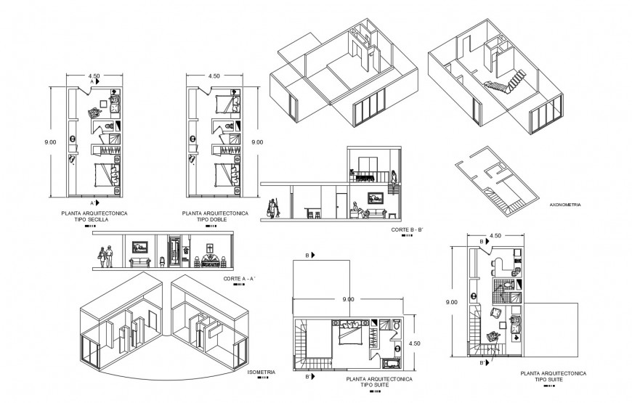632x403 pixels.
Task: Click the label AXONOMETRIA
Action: [x=567, y=205]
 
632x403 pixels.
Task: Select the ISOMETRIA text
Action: [x=261, y=373]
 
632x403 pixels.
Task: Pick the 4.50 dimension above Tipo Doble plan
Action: [x=214, y=76]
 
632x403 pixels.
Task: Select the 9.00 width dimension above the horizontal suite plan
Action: [x=348, y=299]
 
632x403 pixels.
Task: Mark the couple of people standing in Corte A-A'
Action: [x=105, y=256]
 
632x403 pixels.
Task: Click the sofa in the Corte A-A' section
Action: [x=138, y=261]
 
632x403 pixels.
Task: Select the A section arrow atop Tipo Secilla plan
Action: [x=92, y=83]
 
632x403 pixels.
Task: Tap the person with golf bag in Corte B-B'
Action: [x=272, y=208]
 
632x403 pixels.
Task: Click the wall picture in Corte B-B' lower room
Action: [x=376, y=196]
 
